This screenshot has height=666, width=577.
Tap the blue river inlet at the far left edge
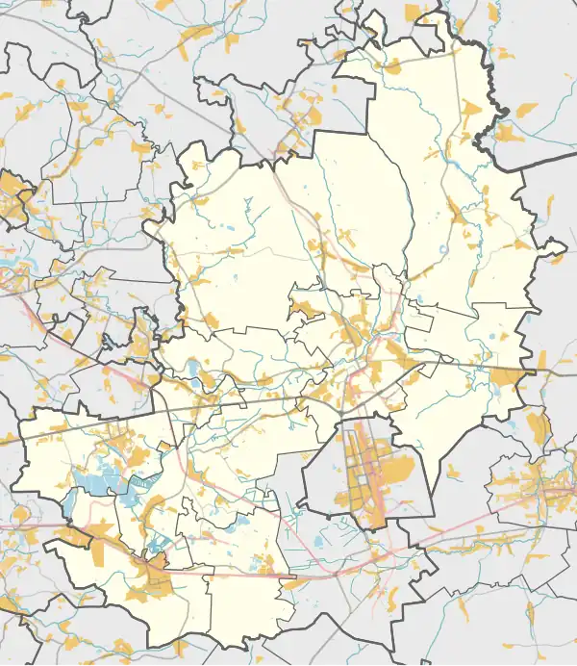[10, 264]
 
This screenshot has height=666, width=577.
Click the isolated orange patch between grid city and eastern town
[452, 471]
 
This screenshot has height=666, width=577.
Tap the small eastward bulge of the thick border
[555, 254]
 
